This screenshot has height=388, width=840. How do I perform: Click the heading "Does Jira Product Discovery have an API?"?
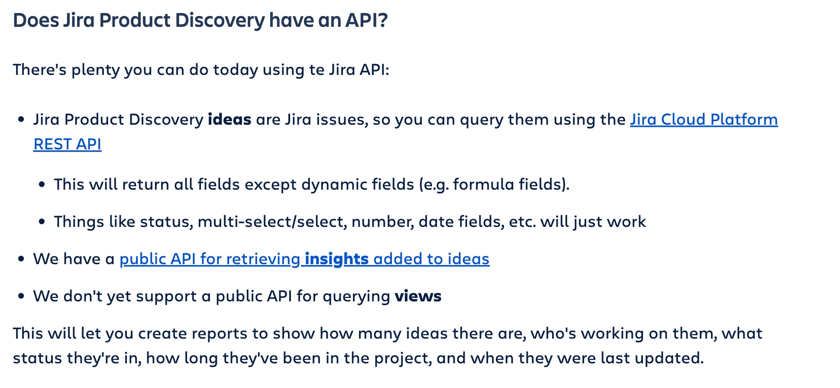(200, 21)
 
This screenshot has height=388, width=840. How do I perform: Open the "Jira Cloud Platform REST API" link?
(704, 120)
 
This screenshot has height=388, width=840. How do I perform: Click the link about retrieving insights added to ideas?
(304, 259)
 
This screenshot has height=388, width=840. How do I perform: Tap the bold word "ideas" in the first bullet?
(229, 120)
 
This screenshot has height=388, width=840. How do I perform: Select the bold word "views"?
(418, 296)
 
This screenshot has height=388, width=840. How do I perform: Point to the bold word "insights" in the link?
(336, 259)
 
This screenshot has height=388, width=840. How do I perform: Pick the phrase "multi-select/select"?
(272, 222)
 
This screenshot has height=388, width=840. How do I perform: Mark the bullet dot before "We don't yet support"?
(21, 297)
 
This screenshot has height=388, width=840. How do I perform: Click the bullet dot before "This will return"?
(42, 185)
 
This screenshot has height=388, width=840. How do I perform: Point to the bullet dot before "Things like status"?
(42, 222)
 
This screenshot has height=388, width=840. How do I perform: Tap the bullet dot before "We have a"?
(21, 259)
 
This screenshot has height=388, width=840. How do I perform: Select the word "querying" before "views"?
(356, 297)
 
